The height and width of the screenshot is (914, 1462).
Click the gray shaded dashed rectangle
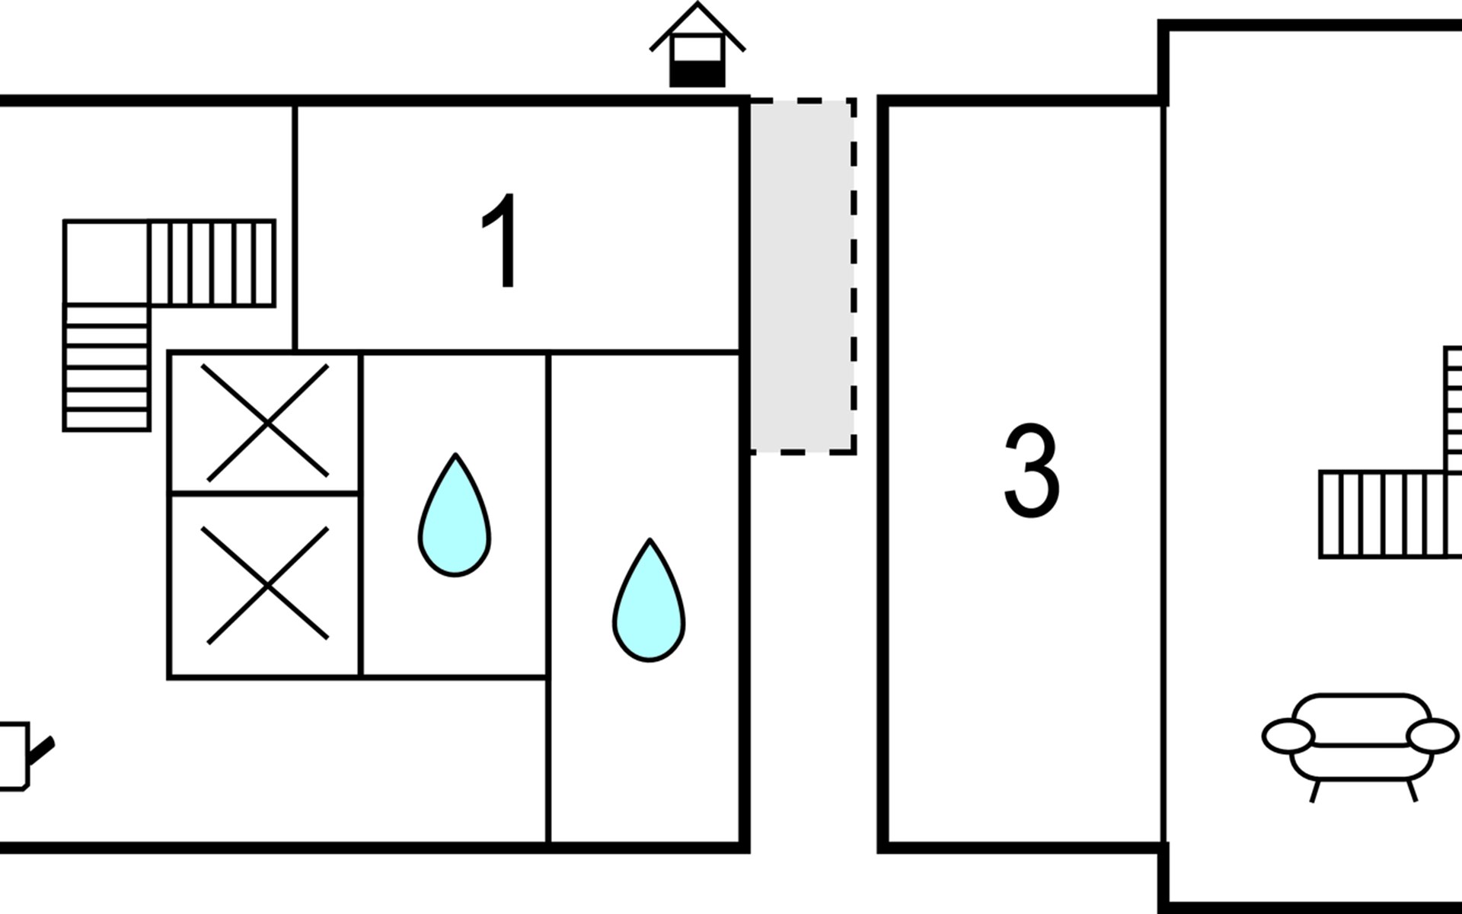click(x=801, y=276)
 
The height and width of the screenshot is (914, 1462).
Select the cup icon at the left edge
click(x=15, y=756)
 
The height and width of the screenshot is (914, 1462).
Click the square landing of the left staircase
click(x=106, y=263)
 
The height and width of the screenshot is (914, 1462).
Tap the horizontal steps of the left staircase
click(x=212, y=263)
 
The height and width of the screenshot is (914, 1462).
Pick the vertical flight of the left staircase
click(x=107, y=367)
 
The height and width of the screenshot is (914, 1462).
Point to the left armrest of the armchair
click(x=1288, y=737)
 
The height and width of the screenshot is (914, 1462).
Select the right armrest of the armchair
click(x=1432, y=737)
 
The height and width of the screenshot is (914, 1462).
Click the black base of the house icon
click(x=697, y=75)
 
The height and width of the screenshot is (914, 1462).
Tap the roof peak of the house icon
click(x=697, y=6)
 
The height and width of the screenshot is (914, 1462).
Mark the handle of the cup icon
click(x=41, y=749)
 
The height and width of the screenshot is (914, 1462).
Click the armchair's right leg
click(x=1412, y=790)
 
